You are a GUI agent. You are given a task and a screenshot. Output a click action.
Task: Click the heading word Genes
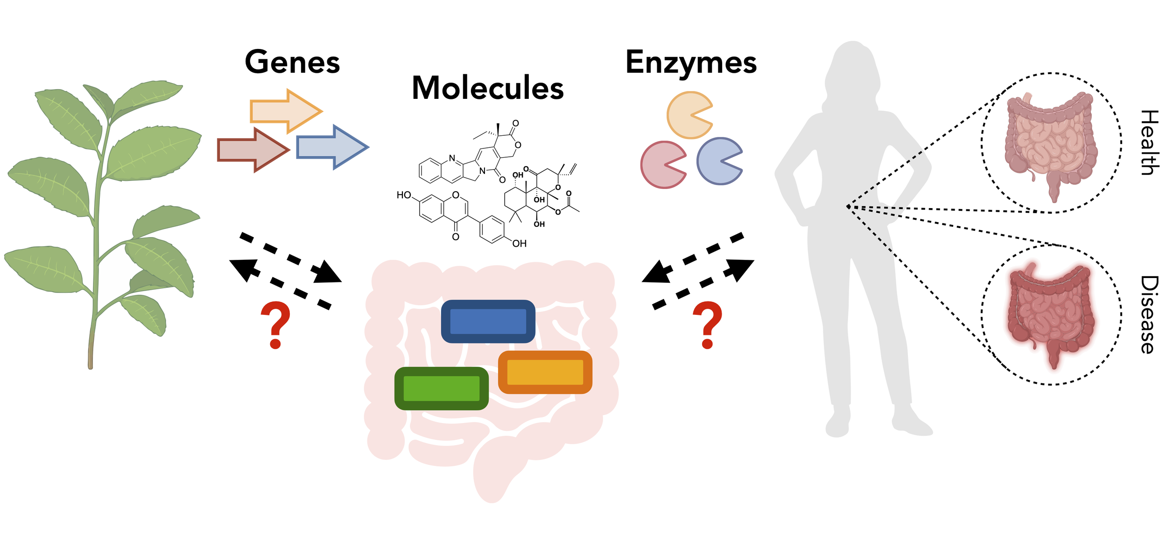coord(292,62)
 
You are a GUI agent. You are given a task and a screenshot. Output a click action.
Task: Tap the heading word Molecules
coord(487,88)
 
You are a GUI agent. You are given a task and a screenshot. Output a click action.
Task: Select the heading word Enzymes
coord(690,63)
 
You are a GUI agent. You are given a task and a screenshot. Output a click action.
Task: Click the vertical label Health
coord(1149,142)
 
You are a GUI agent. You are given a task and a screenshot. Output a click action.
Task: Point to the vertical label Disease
coord(1149,314)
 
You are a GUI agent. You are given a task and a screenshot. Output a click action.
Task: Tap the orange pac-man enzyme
coord(686,115)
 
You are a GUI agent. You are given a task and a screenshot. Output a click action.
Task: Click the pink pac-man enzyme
coord(660,164)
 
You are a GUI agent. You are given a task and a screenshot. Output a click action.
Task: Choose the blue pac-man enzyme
coord(716,161)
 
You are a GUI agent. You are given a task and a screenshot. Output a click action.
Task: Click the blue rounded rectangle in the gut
coord(488,321)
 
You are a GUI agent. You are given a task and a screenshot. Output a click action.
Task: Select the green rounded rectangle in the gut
coord(441,388)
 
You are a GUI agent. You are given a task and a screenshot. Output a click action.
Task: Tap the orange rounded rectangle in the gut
coord(545,372)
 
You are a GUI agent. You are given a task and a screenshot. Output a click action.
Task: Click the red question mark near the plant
coord(275,325)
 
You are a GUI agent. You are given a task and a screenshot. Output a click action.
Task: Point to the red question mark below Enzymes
coord(707,325)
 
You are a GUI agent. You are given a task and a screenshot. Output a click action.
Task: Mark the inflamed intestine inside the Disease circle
coord(1050,315)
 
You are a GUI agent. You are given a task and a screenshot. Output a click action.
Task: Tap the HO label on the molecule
coord(403,195)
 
